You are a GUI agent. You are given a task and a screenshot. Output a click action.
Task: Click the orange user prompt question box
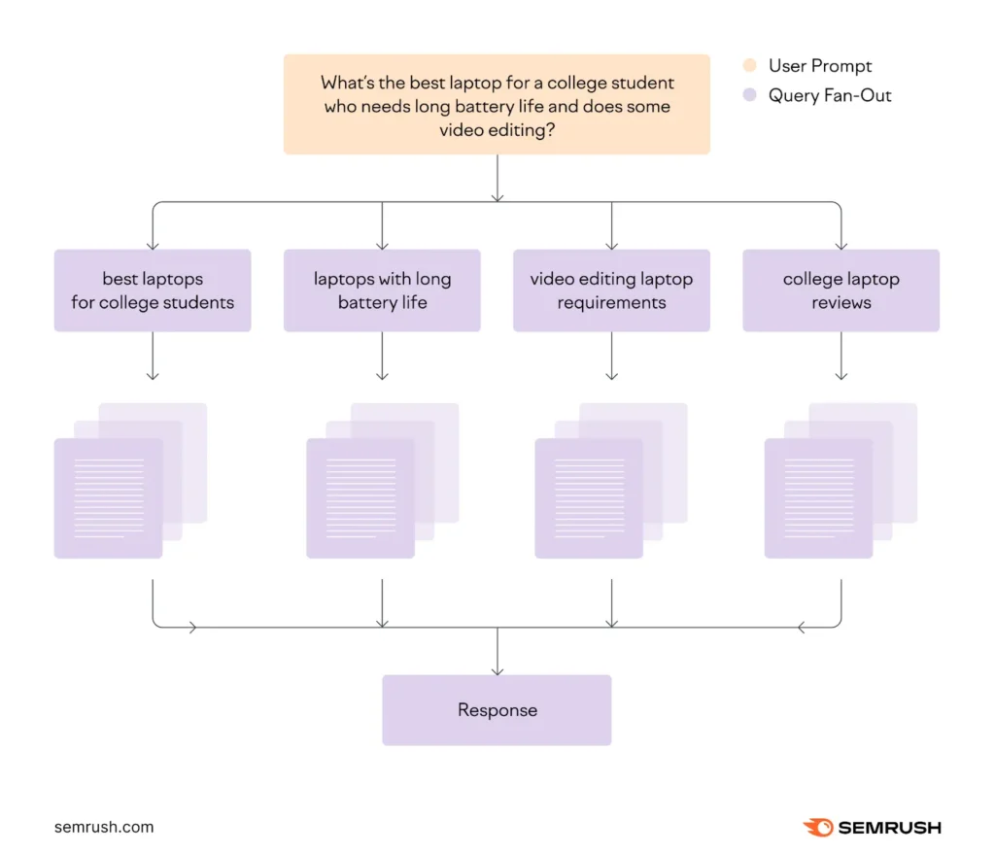tap(497, 104)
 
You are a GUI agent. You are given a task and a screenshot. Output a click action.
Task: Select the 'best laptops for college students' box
tap(153, 290)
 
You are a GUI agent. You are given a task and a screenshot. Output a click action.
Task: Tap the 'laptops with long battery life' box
tap(382, 290)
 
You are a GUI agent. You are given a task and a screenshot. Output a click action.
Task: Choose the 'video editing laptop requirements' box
tap(611, 290)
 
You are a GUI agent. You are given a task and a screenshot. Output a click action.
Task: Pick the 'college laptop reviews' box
tap(841, 290)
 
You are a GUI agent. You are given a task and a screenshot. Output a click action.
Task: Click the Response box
tap(497, 710)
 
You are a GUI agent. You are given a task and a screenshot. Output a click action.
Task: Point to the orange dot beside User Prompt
tap(749, 66)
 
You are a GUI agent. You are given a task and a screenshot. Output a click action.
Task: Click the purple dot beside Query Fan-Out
tap(749, 95)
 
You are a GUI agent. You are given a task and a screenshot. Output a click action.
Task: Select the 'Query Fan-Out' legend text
tap(830, 95)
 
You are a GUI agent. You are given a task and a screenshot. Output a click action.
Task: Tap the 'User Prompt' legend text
tap(820, 66)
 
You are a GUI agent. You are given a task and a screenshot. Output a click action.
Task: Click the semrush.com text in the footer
tap(104, 827)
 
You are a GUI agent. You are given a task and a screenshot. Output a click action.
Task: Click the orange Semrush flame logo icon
tap(818, 828)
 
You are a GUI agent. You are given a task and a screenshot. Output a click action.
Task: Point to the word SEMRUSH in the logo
tap(889, 828)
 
